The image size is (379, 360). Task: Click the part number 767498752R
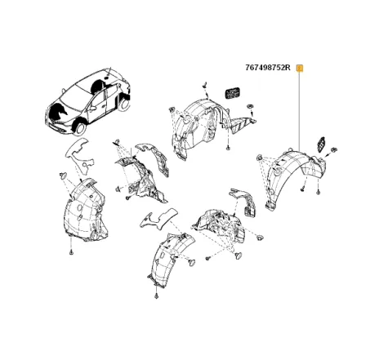click(x=268, y=68)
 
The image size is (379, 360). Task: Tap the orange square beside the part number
click(x=300, y=68)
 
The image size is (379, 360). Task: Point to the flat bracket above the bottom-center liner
click(x=158, y=216)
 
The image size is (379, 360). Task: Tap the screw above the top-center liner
click(x=202, y=84)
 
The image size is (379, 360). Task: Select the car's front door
click(x=100, y=107)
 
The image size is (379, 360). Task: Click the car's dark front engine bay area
click(x=59, y=109)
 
